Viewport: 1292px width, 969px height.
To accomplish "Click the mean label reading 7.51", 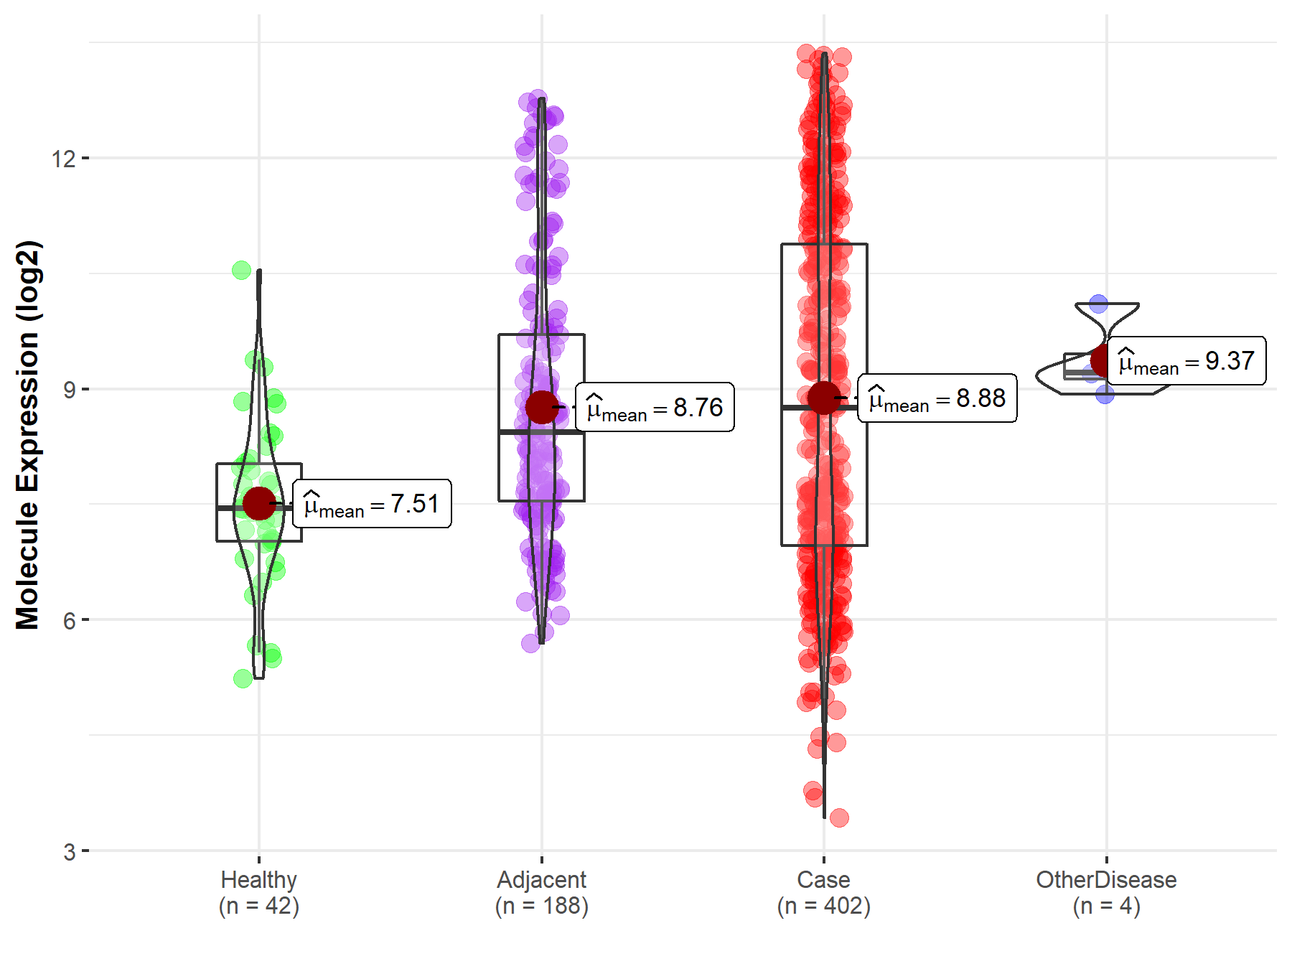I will point(372,504).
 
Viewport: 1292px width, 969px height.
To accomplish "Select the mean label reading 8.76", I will point(655,407).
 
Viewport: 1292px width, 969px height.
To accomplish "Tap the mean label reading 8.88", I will point(937,398).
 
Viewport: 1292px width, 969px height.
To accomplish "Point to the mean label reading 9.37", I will point(1186,360).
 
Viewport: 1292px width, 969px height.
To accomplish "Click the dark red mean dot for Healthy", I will point(259,503).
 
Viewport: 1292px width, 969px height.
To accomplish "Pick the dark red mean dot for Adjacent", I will point(542,407).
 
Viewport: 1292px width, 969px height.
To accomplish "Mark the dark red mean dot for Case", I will point(824,397).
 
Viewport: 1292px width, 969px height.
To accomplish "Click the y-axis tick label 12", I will point(63,158).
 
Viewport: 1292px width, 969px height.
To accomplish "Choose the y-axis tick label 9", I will point(69,390).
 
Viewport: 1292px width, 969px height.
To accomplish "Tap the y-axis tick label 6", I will point(69,621).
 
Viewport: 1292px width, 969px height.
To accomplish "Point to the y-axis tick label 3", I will point(69,852).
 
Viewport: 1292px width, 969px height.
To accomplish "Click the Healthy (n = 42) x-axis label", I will point(259,893).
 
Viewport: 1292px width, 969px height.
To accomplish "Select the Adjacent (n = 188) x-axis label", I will point(542,893).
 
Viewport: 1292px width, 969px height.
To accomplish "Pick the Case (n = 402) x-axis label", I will point(824,893).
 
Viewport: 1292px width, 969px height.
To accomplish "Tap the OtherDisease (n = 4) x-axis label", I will point(1106,893).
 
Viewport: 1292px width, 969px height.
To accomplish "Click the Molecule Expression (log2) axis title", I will point(27,435).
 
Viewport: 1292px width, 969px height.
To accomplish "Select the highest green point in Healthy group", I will point(242,271).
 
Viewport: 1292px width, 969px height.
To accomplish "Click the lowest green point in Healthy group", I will point(243,678).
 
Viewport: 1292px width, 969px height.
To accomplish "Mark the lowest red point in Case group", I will point(839,818).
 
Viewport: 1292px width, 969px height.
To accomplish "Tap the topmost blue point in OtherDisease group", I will point(1098,304).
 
